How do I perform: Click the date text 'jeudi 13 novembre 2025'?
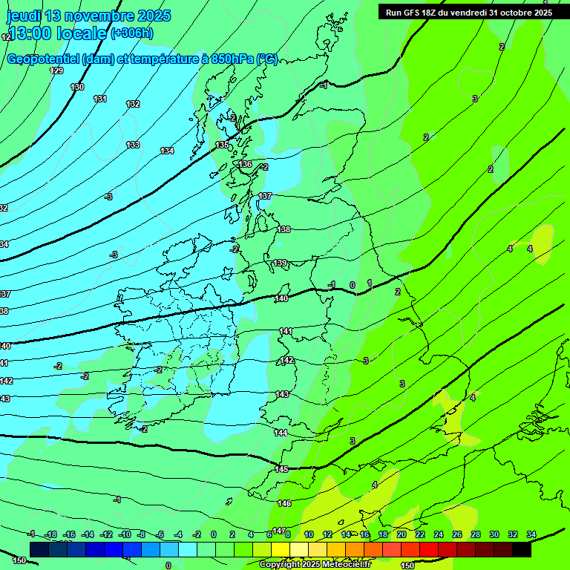88,16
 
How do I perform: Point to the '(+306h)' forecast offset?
131,33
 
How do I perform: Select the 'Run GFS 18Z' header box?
468,12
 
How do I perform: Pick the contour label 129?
56,71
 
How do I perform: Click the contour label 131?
100,99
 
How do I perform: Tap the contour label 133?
133,145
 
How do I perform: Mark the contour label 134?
167,151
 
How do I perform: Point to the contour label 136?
245,164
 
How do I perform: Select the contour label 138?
284,229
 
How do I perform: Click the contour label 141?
286,331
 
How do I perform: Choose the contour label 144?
281,433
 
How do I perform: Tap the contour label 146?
284,503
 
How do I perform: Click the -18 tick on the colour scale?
51,534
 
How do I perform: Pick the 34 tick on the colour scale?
531,534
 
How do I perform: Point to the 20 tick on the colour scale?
401,534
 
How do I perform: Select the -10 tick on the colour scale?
124,534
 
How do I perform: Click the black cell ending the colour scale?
522,549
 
